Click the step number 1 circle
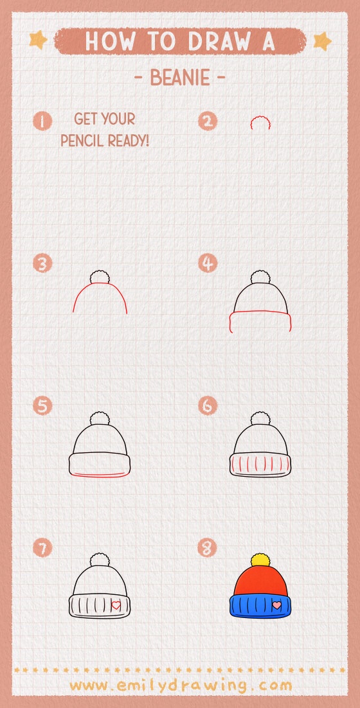pos(42,121)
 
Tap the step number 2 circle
pos(208,121)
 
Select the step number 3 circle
pos(42,263)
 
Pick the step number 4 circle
pos(208,263)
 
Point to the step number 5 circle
pos(42,406)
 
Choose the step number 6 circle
pos(208,406)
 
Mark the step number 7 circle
pos(42,548)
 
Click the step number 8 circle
pos(208,548)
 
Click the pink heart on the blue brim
pos(276,605)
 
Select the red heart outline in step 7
pos(116,605)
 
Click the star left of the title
pos(38,40)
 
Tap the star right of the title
pos(321,41)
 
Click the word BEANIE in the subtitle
pos(180,78)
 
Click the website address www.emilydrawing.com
pos(180,685)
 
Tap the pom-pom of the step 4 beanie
pos(260,277)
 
